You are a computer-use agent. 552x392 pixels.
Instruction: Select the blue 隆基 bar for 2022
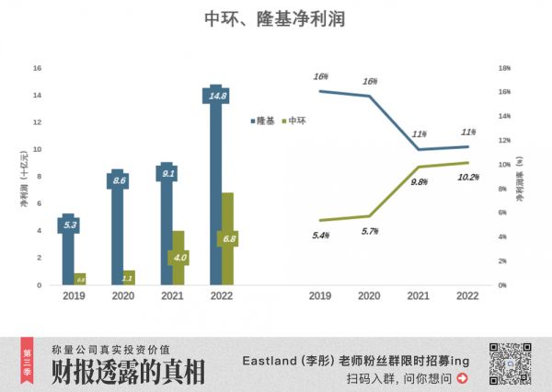click(x=215, y=184)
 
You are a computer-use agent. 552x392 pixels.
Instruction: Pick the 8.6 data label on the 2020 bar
click(x=118, y=181)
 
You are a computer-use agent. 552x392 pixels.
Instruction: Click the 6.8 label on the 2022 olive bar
click(x=227, y=239)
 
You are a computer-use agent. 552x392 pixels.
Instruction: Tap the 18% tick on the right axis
click(x=504, y=68)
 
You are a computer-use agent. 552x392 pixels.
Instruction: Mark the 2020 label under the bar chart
click(x=123, y=296)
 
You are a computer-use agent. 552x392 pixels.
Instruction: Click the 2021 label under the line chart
click(x=419, y=296)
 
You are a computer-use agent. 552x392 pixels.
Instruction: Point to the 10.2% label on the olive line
click(x=468, y=177)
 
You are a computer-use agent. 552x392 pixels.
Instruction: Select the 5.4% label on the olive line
click(x=321, y=236)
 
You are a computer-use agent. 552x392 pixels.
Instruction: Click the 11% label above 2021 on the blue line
click(x=419, y=134)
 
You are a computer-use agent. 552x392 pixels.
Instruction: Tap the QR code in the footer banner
click(x=510, y=362)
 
